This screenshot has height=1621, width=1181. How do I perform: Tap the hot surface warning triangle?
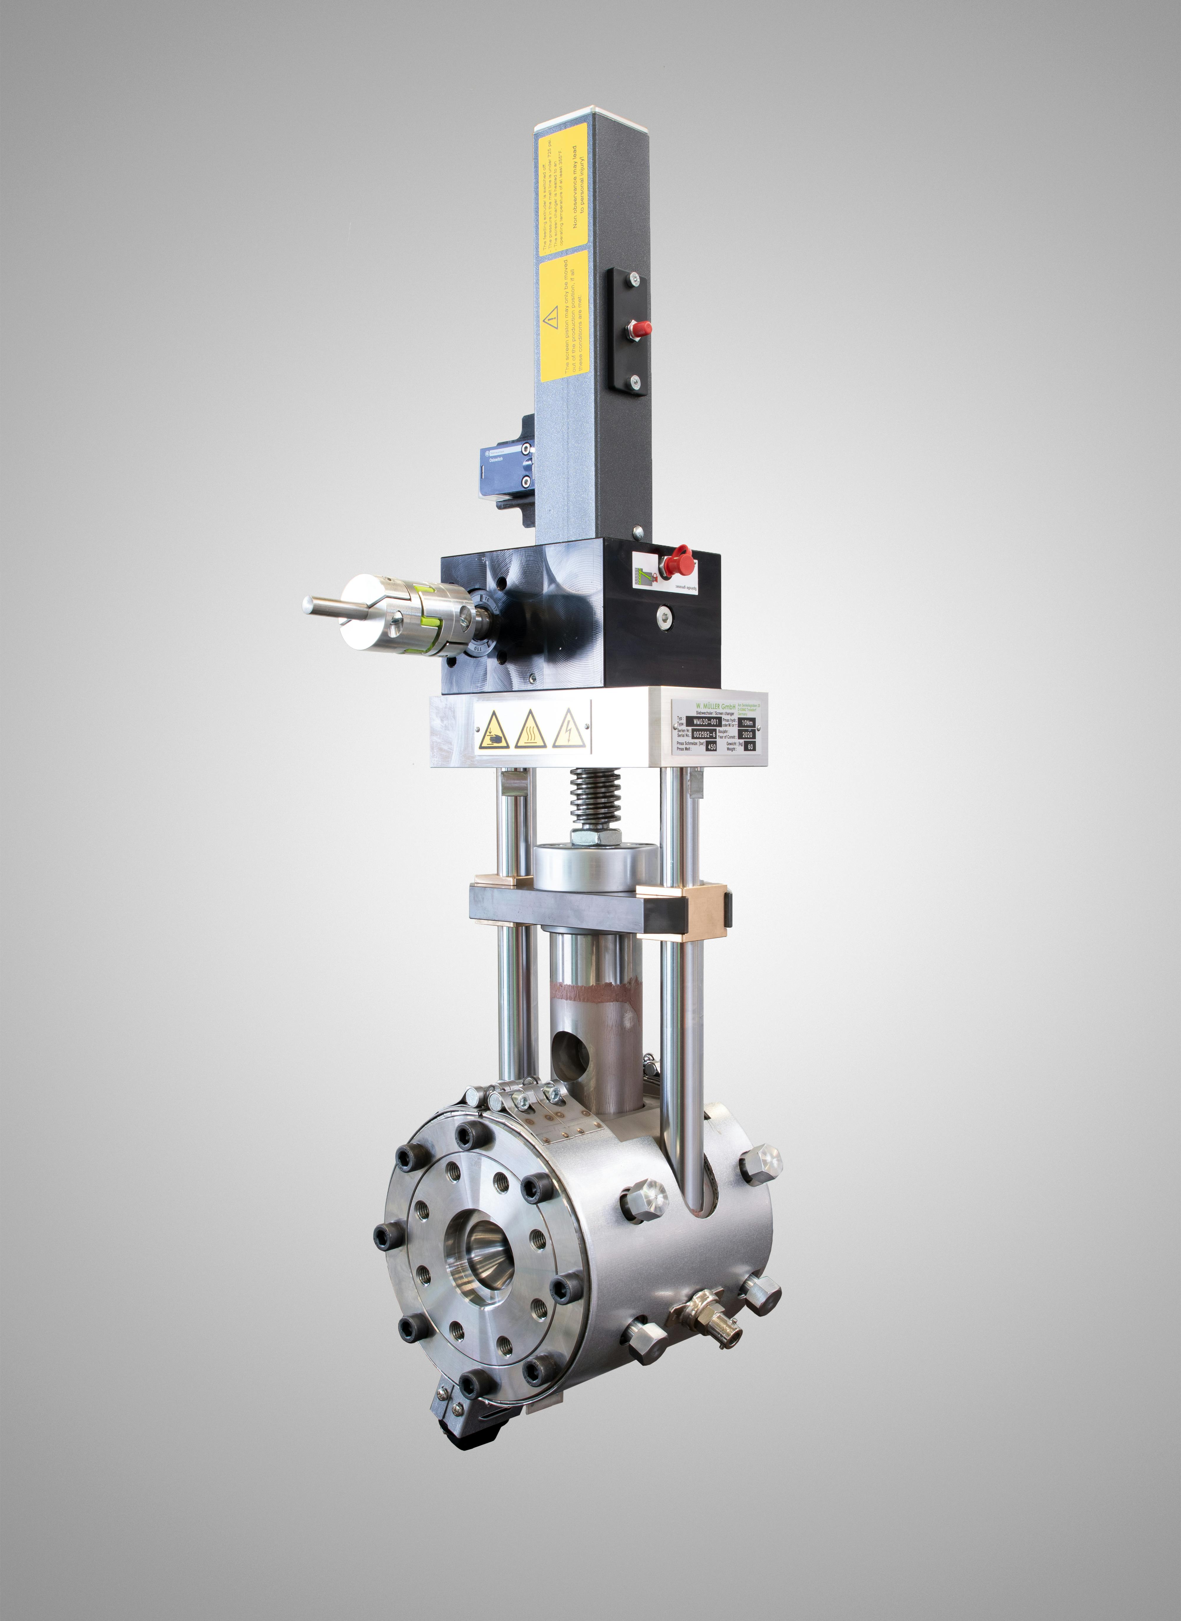pyautogui.click(x=530, y=730)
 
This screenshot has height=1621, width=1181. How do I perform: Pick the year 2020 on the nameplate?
pyautogui.click(x=747, y=734)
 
